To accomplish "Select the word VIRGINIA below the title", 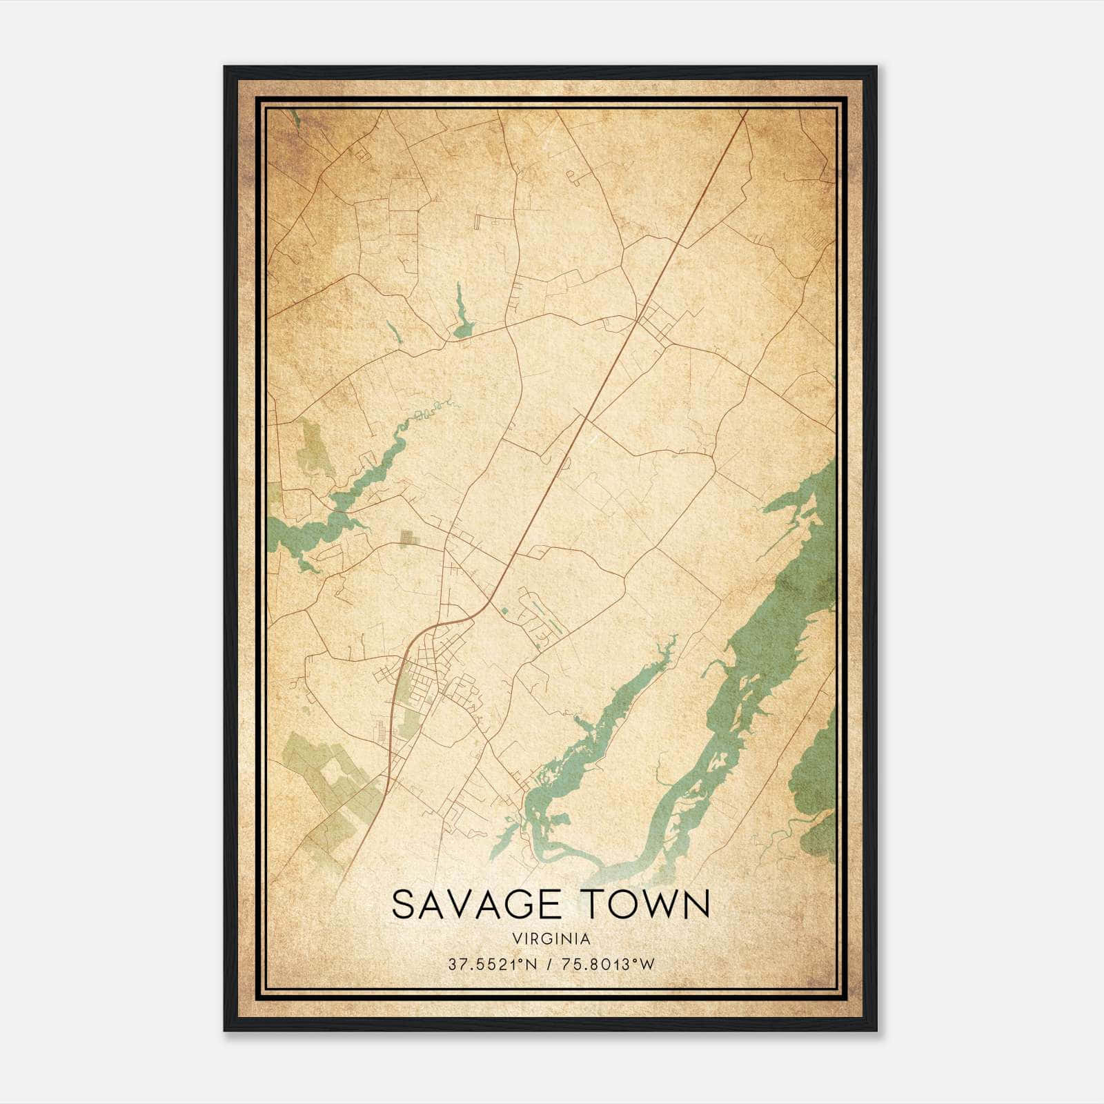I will coord(551,939).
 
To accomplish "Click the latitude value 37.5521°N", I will coord(491,965).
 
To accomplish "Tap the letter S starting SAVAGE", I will coord(404,904).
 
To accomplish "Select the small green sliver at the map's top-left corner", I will coord(295,118).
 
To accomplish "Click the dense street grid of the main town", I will coord(431,673).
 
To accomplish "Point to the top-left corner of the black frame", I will coord(226,68).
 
